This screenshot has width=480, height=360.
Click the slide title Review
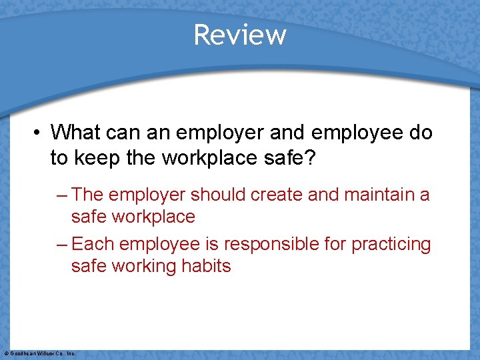point(240,35)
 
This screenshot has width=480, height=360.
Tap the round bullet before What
point(39,132)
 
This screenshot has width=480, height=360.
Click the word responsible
point(267,245)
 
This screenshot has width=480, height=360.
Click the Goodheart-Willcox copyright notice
point(39,353)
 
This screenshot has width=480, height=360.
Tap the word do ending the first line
point(421,132)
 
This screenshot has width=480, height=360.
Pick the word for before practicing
point(333,245)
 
